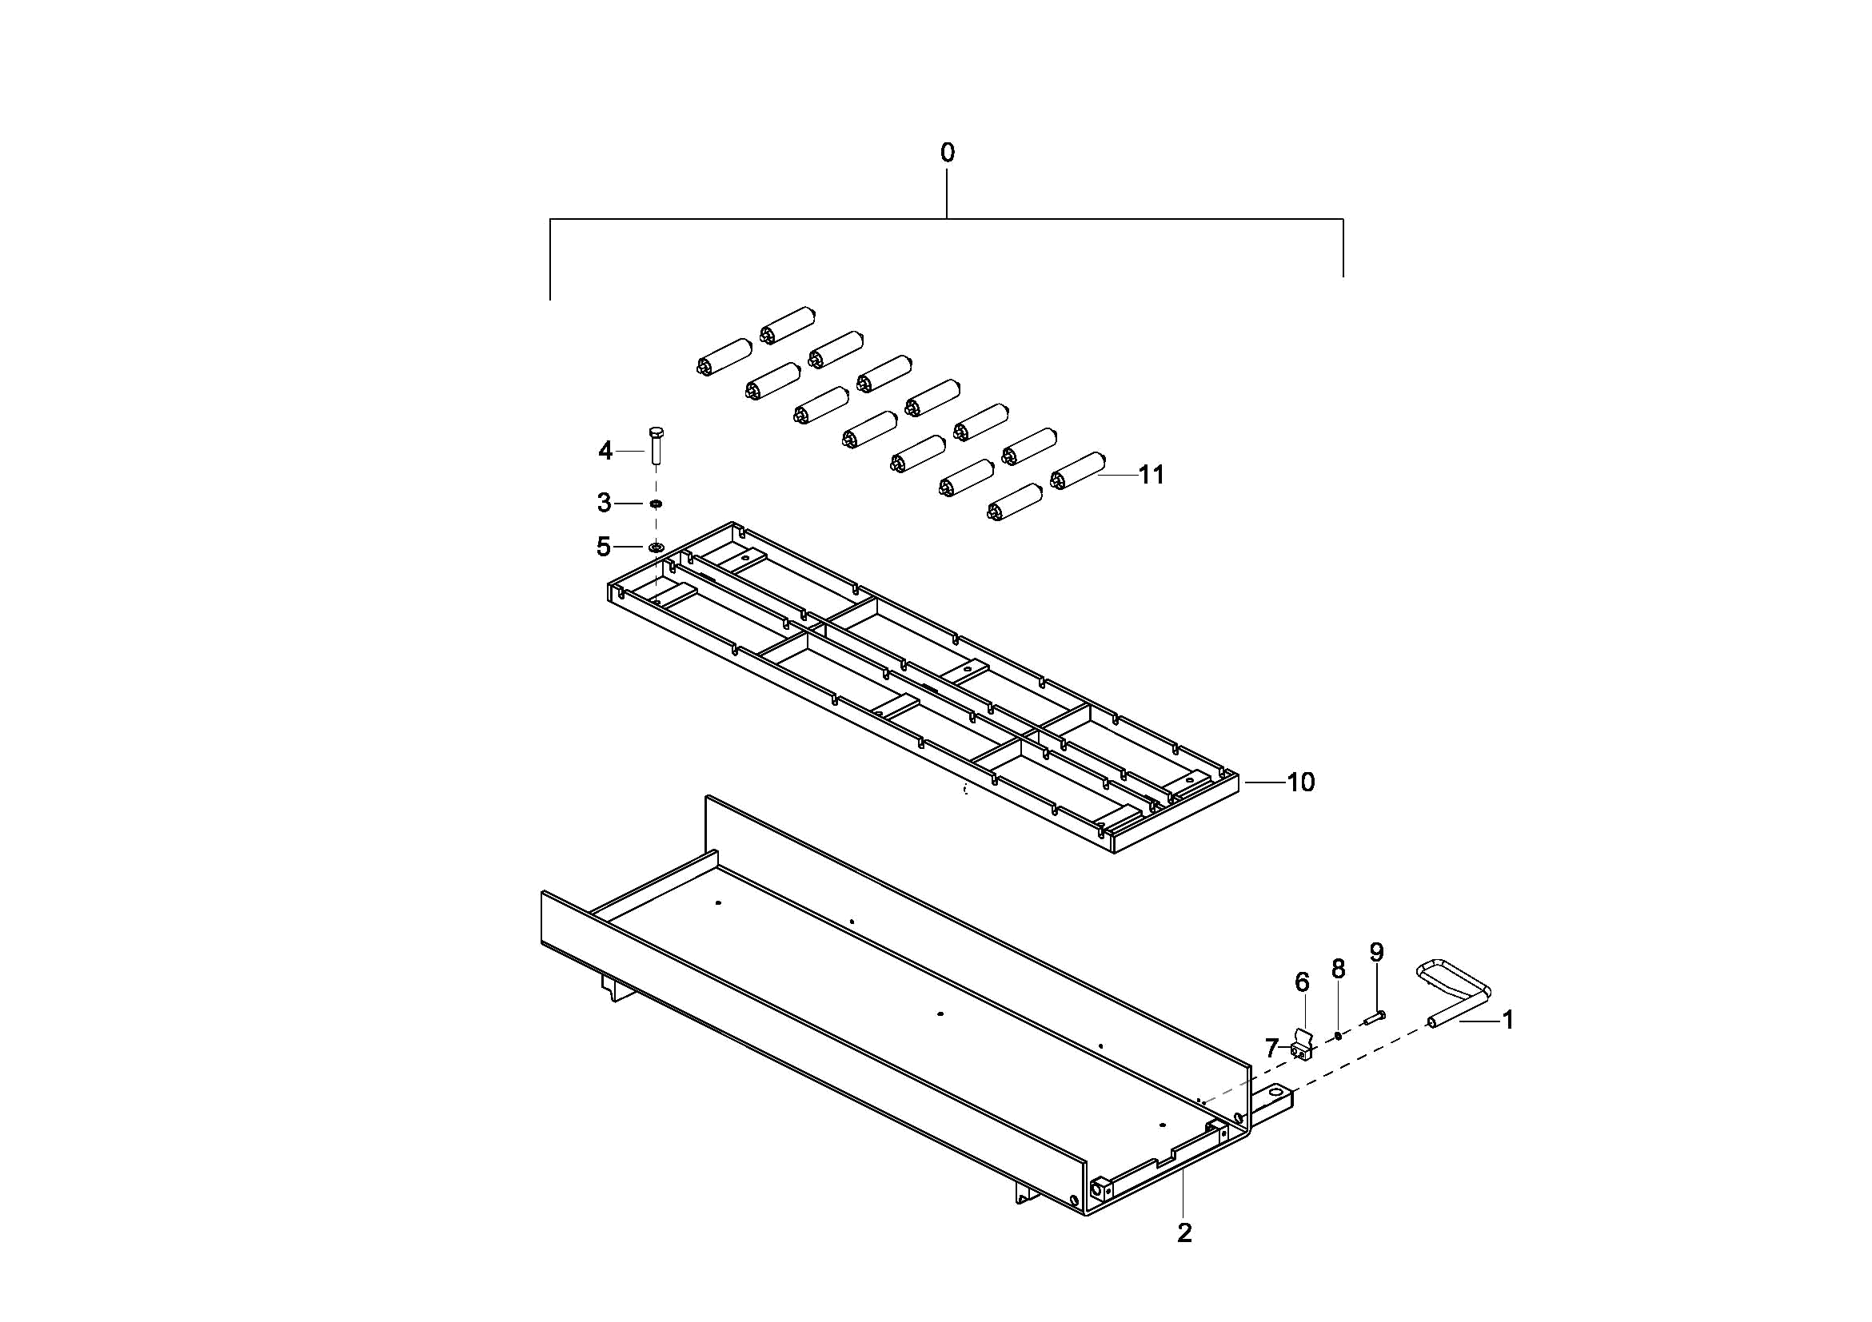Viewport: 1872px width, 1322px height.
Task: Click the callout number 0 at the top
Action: pyautogui.click(x=947, y=153)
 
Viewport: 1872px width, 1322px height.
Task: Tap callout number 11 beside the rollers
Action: pyautogui.click(x=1152, y=474)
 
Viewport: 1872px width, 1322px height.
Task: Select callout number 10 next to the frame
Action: pyautogui.click(x=1300, y=782)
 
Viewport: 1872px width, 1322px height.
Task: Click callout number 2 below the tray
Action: pyautogui.click(x=1184, y=1233)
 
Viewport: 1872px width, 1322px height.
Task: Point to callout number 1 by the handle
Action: pyautogui.click(x=1507, y=1020)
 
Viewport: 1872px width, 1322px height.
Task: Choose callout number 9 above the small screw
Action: pyautogui.click(x=1376, y=952)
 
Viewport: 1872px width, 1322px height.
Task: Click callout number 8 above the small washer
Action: pyautogui.click(x=1338, y=969)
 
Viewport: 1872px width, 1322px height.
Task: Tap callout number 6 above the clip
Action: pyautogui.click(x=1302, y=983)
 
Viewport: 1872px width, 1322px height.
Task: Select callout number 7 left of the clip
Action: pyautogui.click(x=1271, y=1048)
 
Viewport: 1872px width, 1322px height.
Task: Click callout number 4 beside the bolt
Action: pyautogui.click(x=605, y=451)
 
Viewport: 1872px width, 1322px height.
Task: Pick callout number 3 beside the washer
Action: pyautogui.click(x=605, y=503)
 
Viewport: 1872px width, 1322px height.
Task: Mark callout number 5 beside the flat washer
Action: pyautogui.click(x=604, y=547)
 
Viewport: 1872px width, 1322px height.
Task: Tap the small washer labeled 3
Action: pyautogui.click(x=656, y=504)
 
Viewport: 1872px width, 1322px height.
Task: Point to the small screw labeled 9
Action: pyautogui.click(x=1374, y=1017)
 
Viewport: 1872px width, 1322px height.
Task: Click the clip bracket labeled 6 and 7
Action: pyautogui.click(x=1303, y=1045)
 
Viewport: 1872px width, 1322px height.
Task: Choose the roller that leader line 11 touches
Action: pyautogui.click(x=1078, y=470)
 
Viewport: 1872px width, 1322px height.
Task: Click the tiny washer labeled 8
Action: pyautogui.click(x=1338, y=1036)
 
